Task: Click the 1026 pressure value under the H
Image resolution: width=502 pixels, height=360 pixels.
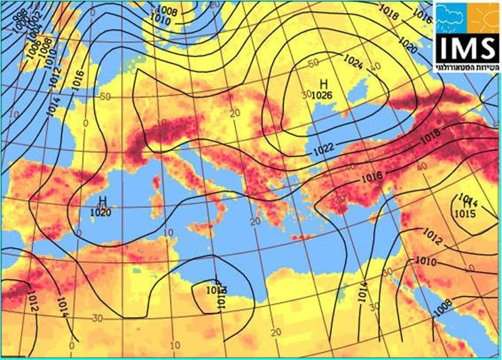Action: pyautogui.click(x=321, y=95)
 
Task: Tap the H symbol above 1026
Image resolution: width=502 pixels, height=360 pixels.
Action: pyautogui.click(x=323, y=84)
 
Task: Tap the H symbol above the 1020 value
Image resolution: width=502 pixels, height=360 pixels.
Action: pyautogui.click(x=103, y=201)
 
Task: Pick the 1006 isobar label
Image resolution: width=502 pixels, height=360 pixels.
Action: pyautogui.click(x=32, y=49)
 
